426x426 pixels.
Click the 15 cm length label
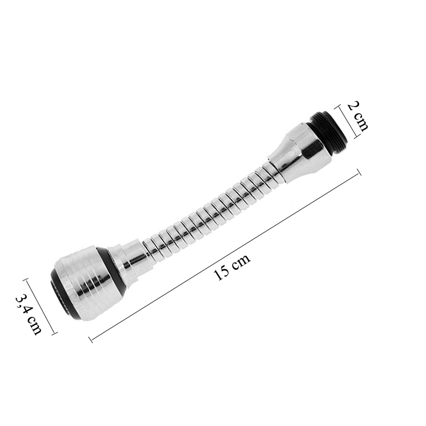pyautogui.click(x=232, y=267)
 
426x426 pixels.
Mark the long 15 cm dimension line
pyautogui.click(x=225, y=255)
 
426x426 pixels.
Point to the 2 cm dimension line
pyautogui.click(x=346, y=122)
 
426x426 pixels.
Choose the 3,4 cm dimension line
pyautogui.click(x=40, y=306)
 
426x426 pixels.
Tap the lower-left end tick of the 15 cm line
pyautogui.click(x=91, y=340)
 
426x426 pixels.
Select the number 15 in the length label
pyautogui.click(x=222, y=273)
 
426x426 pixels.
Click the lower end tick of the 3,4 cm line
pyautogui.click(x=55, y=333)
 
